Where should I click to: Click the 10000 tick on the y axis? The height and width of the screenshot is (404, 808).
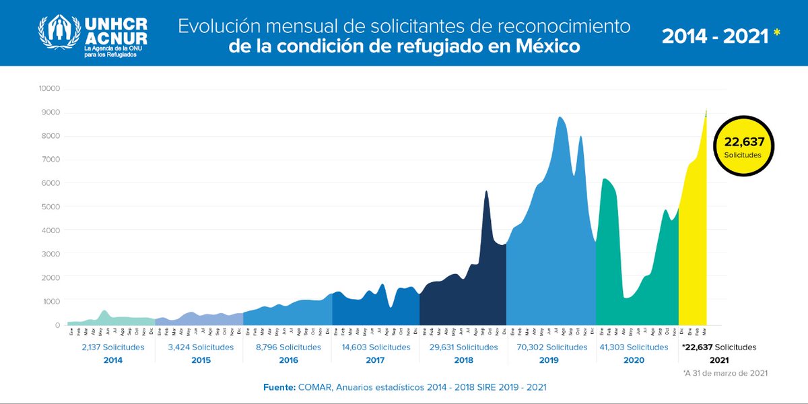[x=50, y=89]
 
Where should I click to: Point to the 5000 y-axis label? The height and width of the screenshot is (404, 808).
[x=51, y=207]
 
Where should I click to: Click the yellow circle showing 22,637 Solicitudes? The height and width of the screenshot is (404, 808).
[x=743, y=146]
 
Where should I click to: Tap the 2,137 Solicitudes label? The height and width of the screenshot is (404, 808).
[x=112, y=347]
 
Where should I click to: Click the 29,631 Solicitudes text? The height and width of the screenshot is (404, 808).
[x=463, y=347]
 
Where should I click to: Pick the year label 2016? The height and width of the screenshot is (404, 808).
[x=288, y=360]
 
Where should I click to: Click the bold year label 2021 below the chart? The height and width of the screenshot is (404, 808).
[x=700, y=360]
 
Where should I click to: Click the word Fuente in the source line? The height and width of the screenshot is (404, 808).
[x=279, y=389]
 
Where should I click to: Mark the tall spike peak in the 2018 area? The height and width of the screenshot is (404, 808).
[x=486, y=192]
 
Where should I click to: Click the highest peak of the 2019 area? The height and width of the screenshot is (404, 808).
[x=560, y=118]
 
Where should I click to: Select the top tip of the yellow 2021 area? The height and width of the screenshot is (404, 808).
[x=706, y=110]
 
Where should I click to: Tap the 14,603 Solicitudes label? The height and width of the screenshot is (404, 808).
[x=375, y=347]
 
